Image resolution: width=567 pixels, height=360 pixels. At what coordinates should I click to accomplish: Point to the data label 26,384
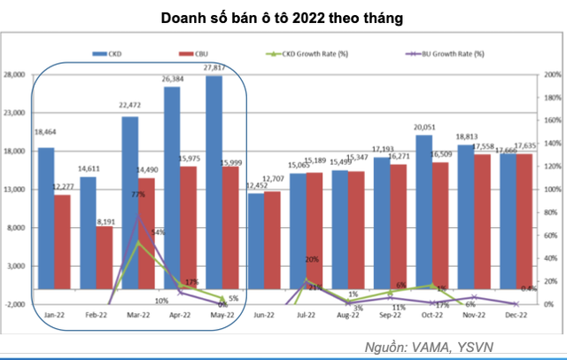click(173, 79)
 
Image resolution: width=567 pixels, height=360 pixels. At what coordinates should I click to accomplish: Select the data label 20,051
click(423, 127)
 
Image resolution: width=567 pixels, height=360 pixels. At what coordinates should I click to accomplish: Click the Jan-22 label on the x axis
click(53, 315)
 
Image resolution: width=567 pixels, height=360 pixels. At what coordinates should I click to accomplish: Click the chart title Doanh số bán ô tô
click(283, 17)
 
